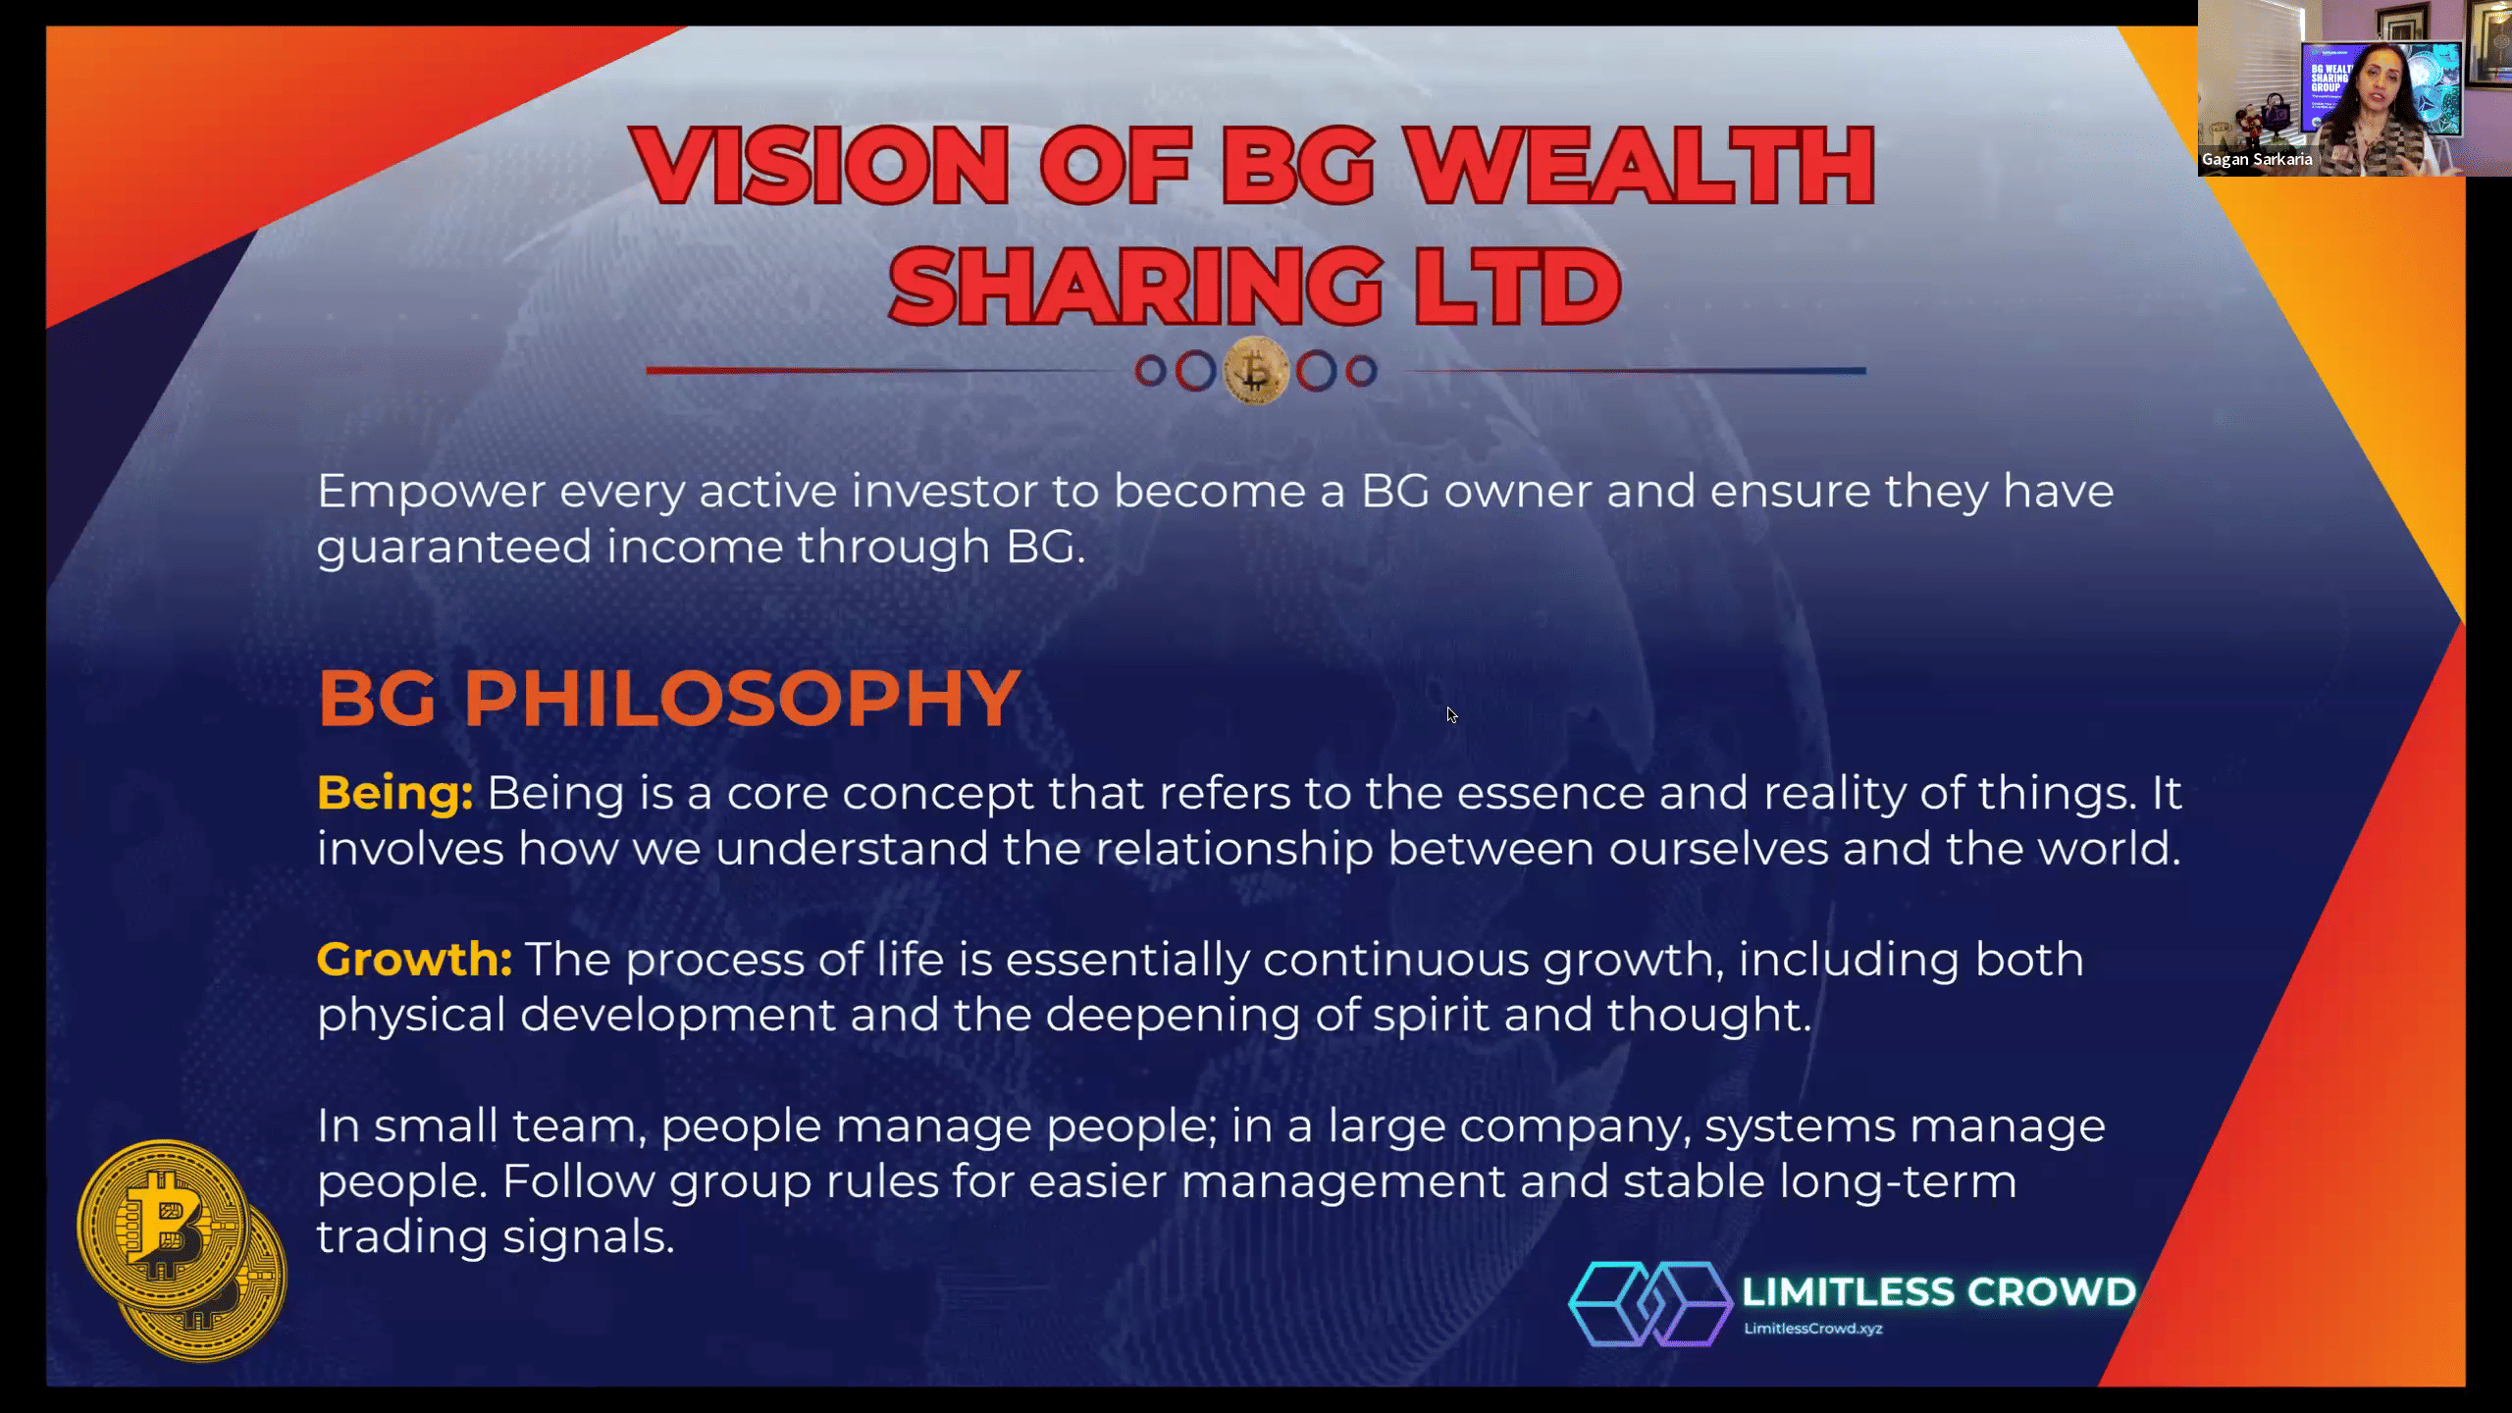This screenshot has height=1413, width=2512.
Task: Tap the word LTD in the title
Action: [x=1516, y=286]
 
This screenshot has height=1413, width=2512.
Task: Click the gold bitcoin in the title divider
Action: [x=1256, y=371]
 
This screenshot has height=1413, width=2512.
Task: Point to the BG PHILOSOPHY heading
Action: [x=669, y=698]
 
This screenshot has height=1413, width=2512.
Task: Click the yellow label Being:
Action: [x=394, y=793]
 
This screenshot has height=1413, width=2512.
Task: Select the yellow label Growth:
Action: [x=414, y=959]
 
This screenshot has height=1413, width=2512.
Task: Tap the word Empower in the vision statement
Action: [x=431, y=492]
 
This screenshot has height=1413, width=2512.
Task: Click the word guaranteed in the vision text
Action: [x=454, y=548]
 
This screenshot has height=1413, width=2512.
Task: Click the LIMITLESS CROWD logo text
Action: [x=1939, y=1291]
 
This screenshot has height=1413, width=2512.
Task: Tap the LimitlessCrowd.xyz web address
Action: [x=1813, y=1329]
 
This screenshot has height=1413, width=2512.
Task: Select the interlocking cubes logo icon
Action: [x=1651, y=1303]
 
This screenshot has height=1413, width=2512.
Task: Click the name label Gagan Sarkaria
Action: [x=2257, y=159]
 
